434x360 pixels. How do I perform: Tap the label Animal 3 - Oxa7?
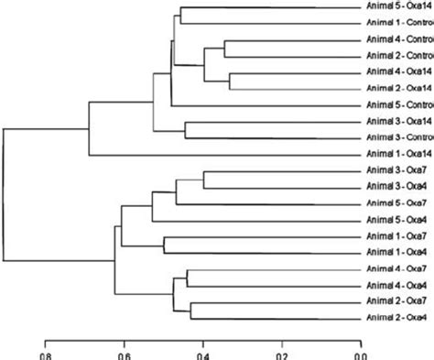[x=397, y=171]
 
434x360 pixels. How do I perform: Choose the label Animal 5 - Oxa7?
[x=397, y=203]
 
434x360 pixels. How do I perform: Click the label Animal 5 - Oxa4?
[x=397, y=220]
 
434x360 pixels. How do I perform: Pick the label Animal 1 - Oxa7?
[x=397, y=235]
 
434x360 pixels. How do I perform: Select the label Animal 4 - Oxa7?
[x=397, y=268]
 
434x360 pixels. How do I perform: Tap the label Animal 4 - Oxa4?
[x=397, y=284]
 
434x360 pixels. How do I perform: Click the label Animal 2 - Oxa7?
[x=397, y=300]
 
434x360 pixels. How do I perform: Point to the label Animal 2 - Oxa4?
[x=397, y=317]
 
